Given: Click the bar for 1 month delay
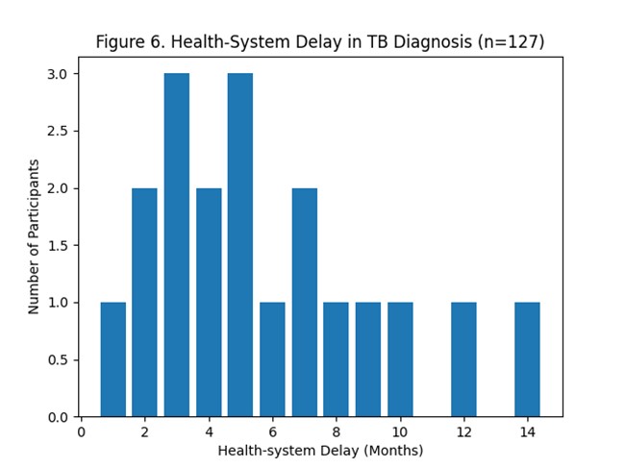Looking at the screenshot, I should coord(112,359).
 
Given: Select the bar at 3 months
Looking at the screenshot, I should coord(177,245).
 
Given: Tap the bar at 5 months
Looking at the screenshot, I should coord(240,245).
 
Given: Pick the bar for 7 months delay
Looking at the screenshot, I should coord(304,303).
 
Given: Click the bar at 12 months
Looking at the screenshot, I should coord(463,359).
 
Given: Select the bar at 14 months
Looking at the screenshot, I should coord(527,359).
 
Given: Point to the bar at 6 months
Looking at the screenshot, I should coord(272,359).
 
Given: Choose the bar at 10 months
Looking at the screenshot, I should coord(400,359).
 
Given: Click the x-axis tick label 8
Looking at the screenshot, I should coord(337,432).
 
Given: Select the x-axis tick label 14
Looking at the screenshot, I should coord(527,432).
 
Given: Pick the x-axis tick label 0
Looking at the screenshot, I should coord(82,432).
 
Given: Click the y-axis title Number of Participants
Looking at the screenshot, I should coord(35,236).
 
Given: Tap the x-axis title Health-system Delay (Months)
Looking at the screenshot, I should coord(320,450).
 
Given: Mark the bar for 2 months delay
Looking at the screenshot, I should coord(144,303).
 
